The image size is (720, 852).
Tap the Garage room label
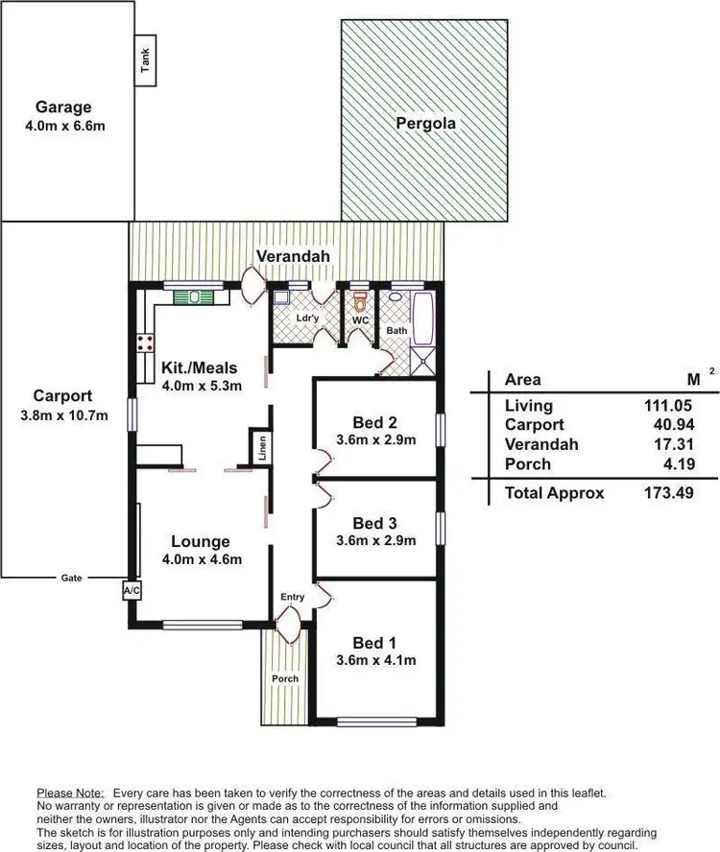(x=65, y=106)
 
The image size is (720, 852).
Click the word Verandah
(x=293, y=256)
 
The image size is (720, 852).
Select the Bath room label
(x=396, y=330)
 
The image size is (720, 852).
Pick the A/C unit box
(x=132, y=590)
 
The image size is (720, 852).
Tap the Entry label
(x=292, y=597)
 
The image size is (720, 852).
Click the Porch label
(x=284, y=678)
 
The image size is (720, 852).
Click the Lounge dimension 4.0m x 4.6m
(x=201, y=560)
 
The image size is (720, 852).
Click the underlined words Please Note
(x=70, y=793)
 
